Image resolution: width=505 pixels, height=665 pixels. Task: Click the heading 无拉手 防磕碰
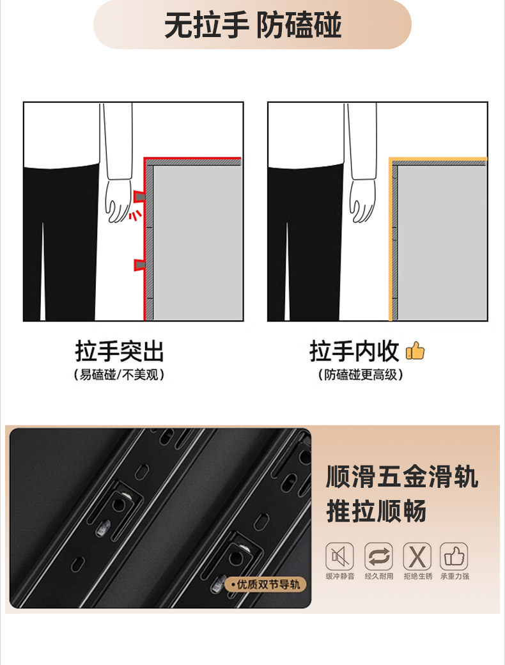pyautogui.click(x=252, y=25)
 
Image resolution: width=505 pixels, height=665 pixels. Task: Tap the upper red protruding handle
pyautogui.click(x=139, y=196)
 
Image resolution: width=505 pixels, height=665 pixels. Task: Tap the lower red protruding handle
pyautogui.click(x=139, y=265)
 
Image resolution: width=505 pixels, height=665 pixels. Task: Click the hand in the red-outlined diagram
pyautogui.click(x=118, y=200)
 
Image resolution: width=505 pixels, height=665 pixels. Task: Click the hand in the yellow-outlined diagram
pyautogui.click(x=362, y=200)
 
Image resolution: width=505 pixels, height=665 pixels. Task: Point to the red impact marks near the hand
pyautogui.click(x=135, y=215)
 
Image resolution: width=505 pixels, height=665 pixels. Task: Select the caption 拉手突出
pyautogui.click(x=119, y=351)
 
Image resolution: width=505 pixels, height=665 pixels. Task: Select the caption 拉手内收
pyautogui.click(x=355, y=351)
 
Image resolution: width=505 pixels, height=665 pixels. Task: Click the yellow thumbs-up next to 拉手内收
pyautogui.click(x=415, y=351)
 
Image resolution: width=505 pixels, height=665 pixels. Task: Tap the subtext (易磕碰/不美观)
pyautogui.click(x=119, y=375)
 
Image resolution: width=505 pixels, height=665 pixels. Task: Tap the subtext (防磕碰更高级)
pyautogui.click(x=361, y=375)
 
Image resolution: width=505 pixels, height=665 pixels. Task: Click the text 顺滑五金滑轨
pyautogui.click(x=402, y=477)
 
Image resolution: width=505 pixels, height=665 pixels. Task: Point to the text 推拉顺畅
pyautogui.click(x=377, y=511)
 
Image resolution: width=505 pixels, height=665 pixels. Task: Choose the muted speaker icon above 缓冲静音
pyautogui.click(x=339, y=556)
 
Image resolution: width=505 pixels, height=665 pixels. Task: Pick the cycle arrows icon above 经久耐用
pyautogui.click(x=378, y=556)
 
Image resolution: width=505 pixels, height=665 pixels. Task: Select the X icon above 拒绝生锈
pyautogui.click(x=417, y=556)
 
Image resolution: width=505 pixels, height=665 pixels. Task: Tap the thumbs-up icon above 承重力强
pyautogui.click(x=454, y=556)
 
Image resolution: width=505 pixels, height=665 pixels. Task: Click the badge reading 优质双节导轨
pyautogui.click(x=265, y=584)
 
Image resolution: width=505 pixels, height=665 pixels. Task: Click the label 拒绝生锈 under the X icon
pyautogui.click(x=417, y=576)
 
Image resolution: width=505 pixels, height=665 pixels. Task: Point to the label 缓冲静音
pyautogui.click(x=340, y=576)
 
